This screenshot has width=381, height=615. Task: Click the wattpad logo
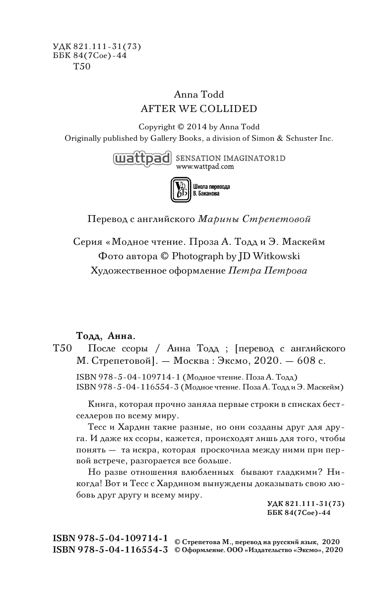(x=142, y=159)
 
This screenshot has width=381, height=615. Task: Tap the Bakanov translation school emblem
(x=179, y=189)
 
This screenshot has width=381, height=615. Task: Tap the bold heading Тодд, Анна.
(x=100, y=335)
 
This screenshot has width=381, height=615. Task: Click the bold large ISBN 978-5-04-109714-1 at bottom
(x=110, y=539)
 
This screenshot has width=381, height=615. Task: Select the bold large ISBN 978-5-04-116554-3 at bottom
(x=110, y=550)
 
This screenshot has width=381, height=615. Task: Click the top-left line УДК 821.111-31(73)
(x=97, y=47)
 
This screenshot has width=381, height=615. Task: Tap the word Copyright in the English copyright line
(x=157, y=127)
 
